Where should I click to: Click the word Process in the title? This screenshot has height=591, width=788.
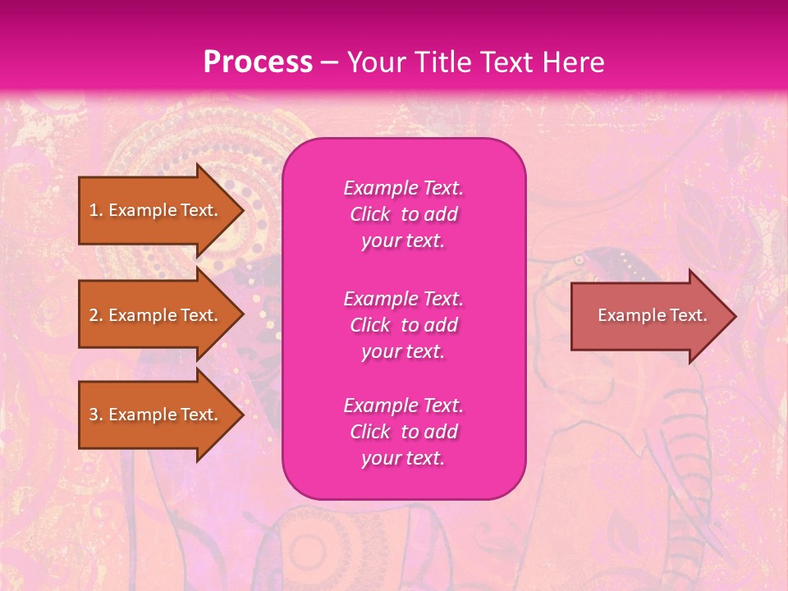[x=258, y=62]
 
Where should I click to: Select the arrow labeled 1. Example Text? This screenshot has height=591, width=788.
[x=156, y=210]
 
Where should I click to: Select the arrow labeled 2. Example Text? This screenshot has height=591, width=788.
[x=156, y=315]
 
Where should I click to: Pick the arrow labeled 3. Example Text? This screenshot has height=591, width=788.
[x=156, y=415]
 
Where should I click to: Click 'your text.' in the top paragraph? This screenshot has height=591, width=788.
[x=403, y=241]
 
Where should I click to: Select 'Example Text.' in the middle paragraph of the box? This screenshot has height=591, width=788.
[x=403, y=298]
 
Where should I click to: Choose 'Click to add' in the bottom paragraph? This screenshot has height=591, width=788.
[x=403, y=432]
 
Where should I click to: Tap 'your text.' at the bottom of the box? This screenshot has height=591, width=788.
[x=403, y=459]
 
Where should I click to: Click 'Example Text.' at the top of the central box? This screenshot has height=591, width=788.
[x=403, y=188]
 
